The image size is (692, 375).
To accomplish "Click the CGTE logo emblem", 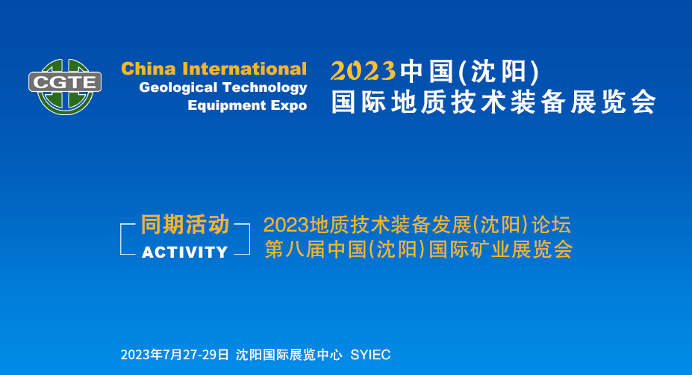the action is point(65,86).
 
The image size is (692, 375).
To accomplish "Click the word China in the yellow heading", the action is point(149,69).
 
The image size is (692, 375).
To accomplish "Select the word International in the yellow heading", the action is point(245,69).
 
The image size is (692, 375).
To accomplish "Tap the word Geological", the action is point(178,88).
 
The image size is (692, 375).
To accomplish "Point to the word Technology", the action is point(264,88).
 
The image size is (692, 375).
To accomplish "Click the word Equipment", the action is point(227,106).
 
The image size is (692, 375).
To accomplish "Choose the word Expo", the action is point(289,106).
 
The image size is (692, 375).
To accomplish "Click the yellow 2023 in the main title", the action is point(363,71).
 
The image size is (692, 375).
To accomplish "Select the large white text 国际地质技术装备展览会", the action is point(493,102).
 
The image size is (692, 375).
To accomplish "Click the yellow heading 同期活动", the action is point(185,224).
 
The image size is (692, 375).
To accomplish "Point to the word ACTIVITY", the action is point(185,252).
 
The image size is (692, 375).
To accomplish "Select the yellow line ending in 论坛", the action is point(417,225).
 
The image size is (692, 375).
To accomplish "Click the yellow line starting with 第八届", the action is point(418,249).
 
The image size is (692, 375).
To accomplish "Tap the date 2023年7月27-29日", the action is point(175,355).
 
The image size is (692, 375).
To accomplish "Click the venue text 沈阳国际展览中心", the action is point(289,355).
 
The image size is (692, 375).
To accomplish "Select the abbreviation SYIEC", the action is point(370,355).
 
